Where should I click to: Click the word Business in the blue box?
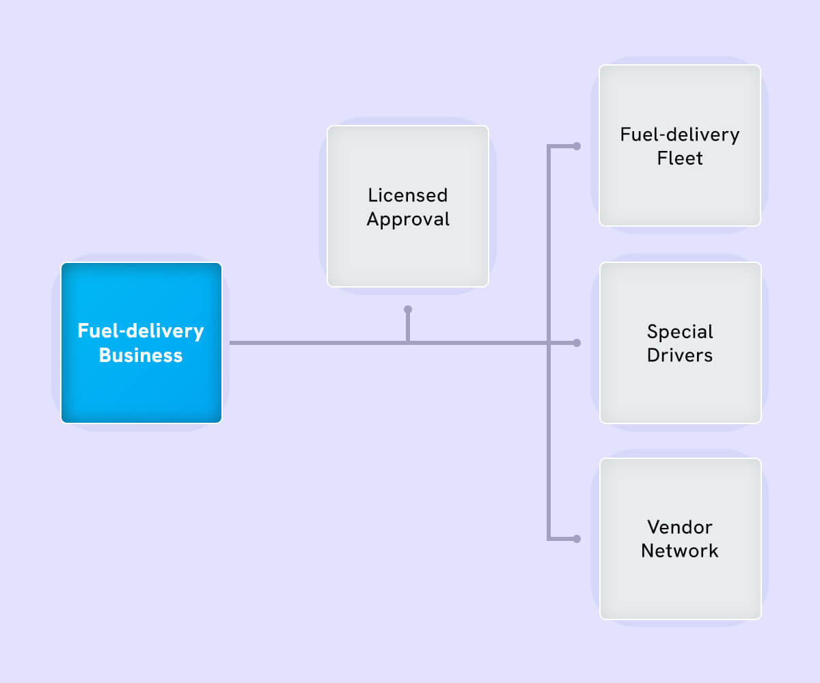(141, 356)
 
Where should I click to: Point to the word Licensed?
(408, 195)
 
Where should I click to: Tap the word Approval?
(408, 219)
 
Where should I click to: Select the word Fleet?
(680, 158)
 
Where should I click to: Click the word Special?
(680, 332)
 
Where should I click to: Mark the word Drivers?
(680, 356)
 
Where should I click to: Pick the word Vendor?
(680, 527)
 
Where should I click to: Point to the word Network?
(680, 551)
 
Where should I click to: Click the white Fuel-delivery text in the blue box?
(141, 331)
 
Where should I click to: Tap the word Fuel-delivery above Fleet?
(680, 135)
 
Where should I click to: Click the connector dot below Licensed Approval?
(408, 309)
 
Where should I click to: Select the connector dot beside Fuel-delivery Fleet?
(577, 146)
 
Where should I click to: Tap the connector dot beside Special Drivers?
(577, 343)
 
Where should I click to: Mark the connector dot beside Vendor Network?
(577, 539)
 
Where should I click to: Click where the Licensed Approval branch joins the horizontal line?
(408, 343)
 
